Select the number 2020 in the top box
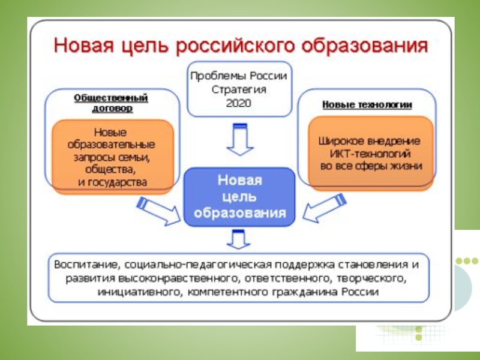[239, 103]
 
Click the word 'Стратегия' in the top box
[239, 89]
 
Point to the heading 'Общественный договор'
[112, 103]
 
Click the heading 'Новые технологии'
[367, 105]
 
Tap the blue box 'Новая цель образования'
[239, 196]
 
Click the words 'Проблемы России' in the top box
[239, 76]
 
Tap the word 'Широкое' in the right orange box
[340, 142]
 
